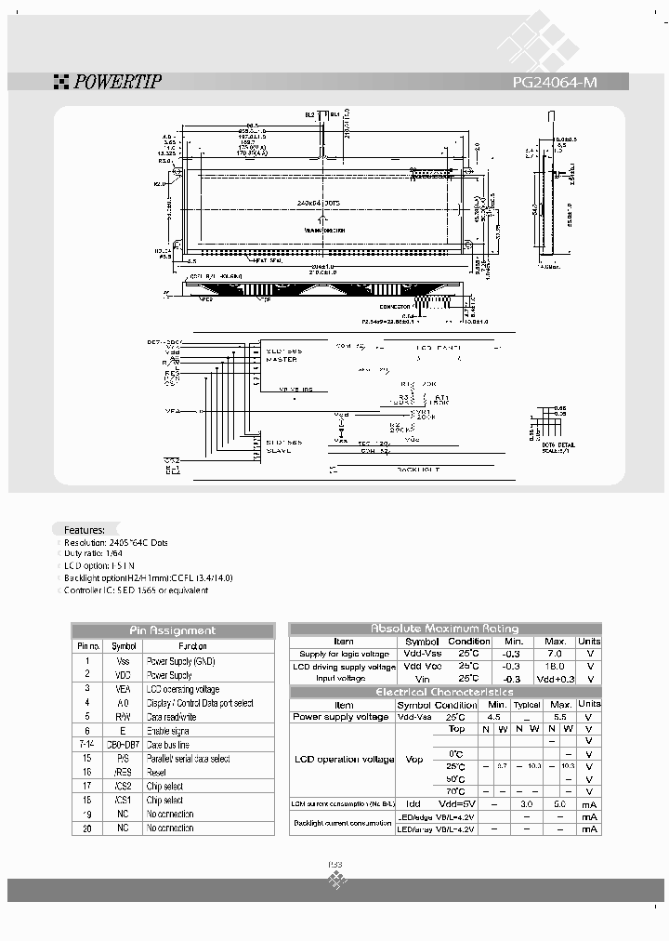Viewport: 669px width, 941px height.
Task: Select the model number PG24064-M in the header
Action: (555, 82)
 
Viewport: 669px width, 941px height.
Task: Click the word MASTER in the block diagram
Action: (282, 360)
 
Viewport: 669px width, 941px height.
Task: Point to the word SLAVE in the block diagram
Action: (278, 450)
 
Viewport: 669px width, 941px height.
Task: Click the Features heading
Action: (85, 528)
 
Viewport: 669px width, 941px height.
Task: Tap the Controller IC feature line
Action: (138, 590)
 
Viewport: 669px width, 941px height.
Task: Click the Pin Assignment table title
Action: (173, 630)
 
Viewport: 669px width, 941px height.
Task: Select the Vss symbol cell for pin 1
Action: (124, 660)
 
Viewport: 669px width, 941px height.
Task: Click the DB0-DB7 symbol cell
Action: (124, 745)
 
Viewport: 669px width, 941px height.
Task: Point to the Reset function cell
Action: (157, 773)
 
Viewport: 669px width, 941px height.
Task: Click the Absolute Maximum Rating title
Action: (445, 629)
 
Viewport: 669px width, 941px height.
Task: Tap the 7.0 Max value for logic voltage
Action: (555, 654)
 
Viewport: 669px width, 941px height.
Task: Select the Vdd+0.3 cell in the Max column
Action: (555, 679)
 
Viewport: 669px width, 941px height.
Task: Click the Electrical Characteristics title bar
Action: (445, 692)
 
